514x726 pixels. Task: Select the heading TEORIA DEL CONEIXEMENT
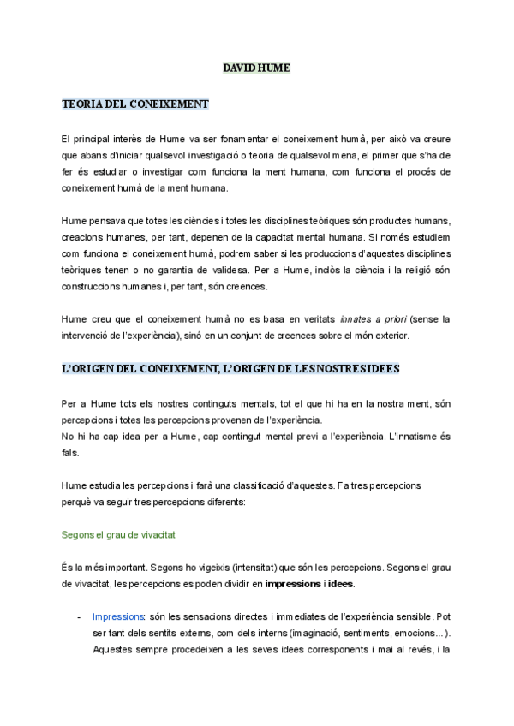(x=135, y=104)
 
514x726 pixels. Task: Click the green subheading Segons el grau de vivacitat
(x=119, y=534)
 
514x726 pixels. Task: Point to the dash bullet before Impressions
(x=79, y=616)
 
